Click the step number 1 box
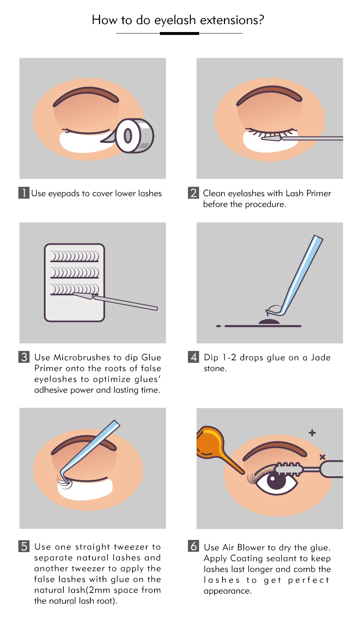pos(24,193)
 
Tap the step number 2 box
pos(193,193)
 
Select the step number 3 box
pos(24,357)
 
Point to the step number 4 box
pos(193,357)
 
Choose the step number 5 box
pos(24,546)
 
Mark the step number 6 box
pos(193,546)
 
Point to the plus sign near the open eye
pos(312,433)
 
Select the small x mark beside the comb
pos(323,457)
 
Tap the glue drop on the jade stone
pos(269,321)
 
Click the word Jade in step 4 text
pos(321,357)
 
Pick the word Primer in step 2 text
pos(319,193)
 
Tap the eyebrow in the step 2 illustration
pos(269,95)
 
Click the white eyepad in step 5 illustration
pos(85,489)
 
